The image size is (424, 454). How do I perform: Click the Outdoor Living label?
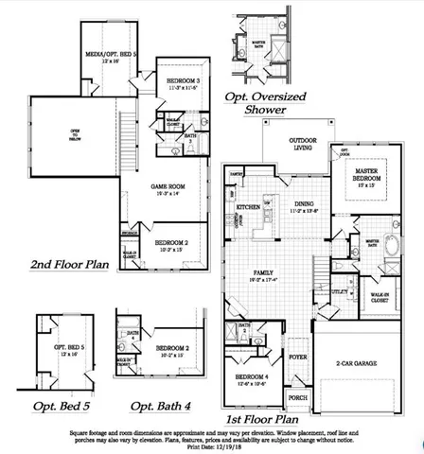pyautogui.click(x=303, y=145)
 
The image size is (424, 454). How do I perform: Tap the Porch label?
pyautogui.click(x=298, y=397)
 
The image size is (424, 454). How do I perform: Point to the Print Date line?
pyautogui.click(x=211, y=448)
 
